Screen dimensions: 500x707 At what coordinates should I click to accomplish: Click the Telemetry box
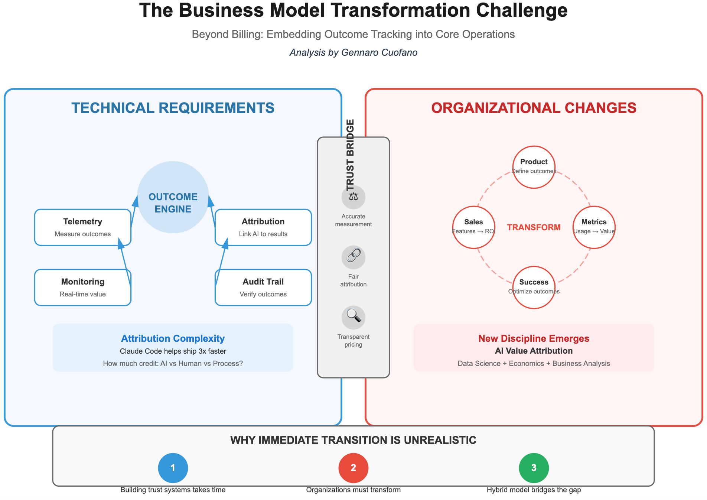tap(83, 227)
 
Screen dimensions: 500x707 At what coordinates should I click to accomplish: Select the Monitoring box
tap(83, 288)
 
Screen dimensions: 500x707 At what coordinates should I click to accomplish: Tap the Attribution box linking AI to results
tap(263, 227)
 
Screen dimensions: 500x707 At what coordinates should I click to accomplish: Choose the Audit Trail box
tap(263, 288)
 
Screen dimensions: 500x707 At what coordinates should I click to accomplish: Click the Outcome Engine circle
tap(173, 197)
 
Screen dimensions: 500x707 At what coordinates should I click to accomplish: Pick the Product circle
tap(534, 167)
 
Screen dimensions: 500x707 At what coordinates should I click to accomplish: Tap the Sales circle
tap(474, 227)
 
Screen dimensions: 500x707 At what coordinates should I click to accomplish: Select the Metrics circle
tap(594, 227)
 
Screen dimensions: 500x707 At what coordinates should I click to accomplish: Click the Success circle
tap(534, 287)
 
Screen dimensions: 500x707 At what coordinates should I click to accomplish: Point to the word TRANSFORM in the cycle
tap(534, 227)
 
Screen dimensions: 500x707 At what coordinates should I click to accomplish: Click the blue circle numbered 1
tap(173, 468)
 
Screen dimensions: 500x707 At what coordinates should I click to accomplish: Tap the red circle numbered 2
tap(353, 468)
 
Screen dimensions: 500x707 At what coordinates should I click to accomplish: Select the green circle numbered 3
tap(534, 468)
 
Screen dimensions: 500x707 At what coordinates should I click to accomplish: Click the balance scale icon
tap(353, 197)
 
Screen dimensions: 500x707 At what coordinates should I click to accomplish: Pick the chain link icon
tap(353, 257)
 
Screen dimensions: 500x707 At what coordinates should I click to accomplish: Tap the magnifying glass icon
tap(353, 317)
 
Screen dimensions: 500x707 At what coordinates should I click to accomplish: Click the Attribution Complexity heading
tap(173, 338)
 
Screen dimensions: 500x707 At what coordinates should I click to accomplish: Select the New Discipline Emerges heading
tap(534, 338)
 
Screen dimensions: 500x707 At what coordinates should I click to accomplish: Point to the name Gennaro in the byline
tap(358, 52)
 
